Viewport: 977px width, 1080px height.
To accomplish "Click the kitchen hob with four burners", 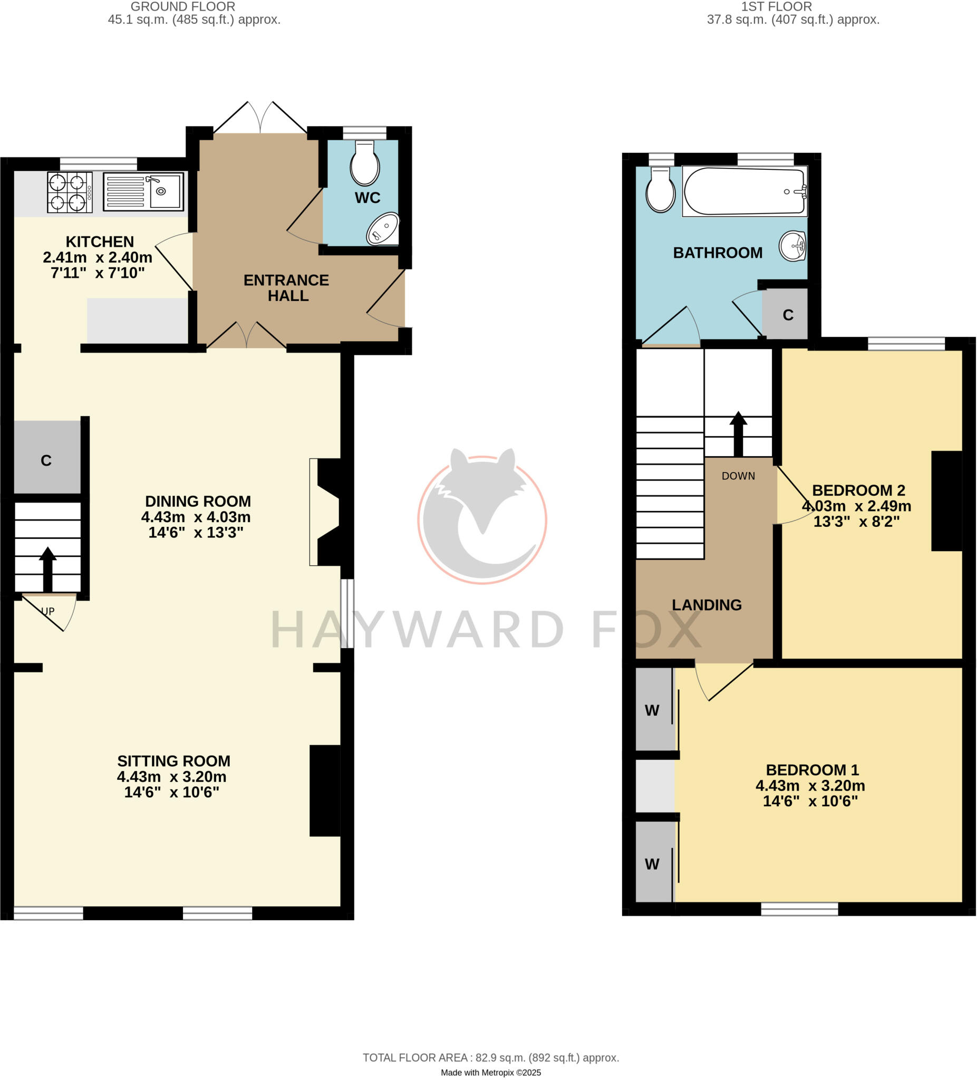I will tap(70, 192).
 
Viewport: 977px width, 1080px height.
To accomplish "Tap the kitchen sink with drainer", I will tap(143, 191).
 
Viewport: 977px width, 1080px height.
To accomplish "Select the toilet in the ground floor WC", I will tap(365, 163).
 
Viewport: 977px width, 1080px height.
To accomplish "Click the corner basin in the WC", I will tap(383, 229).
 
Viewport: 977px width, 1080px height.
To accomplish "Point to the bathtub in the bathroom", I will tap(744, 191).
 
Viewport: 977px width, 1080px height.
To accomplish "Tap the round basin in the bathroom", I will tap(794, 246).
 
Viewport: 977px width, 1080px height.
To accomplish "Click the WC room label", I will tap(367, 198).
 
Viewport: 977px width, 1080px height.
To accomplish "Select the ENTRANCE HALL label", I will tap(287, 288).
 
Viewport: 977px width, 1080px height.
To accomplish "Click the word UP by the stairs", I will tap(48, 611).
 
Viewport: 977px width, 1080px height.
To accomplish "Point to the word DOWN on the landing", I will tap(738, 476).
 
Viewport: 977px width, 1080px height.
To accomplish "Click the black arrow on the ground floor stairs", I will tap(47, 569).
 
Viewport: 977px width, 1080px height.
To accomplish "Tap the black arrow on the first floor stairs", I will tap(738, 434).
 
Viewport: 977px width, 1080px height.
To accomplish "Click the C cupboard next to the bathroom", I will tap(787, 314).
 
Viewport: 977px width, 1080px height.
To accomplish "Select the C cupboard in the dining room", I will tap(46, 460).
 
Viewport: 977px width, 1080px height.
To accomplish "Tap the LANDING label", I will tap(707, 605).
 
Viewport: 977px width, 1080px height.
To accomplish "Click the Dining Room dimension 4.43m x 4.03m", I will tap(196, 517).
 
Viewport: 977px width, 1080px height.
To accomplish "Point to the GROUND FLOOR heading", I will tap(182, 7).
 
